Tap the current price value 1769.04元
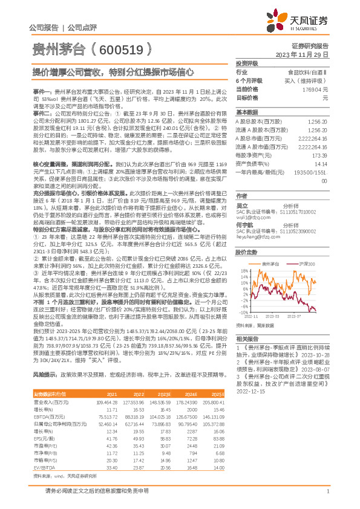315,89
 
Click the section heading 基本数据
246,113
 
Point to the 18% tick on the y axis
241,254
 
